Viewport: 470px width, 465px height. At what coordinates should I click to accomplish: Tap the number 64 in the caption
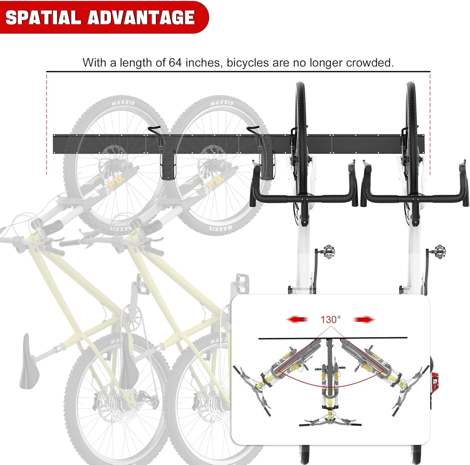pos(175,62)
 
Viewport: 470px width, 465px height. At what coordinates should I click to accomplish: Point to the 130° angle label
pos(330,320)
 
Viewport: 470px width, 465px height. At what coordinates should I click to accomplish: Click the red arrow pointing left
pos(297,320)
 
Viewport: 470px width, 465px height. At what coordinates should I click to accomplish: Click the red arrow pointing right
pos(364,320)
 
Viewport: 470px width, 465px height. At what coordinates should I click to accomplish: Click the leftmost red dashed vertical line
pos(47,124)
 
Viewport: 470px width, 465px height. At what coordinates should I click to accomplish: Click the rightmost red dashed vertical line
pos(430,124)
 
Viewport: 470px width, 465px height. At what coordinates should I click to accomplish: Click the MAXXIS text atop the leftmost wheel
pos(123,103)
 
